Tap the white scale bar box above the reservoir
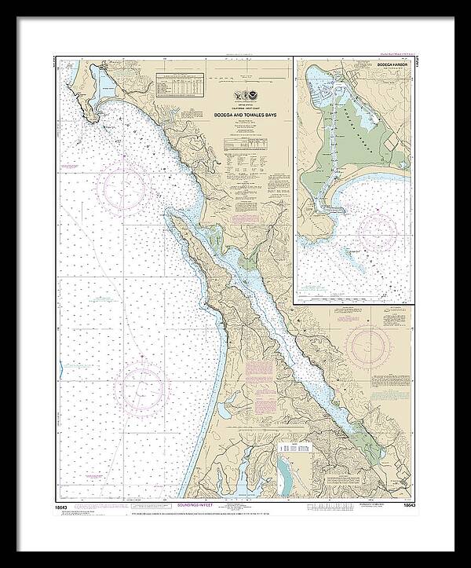pyautogui.click(x=292, y=446)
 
